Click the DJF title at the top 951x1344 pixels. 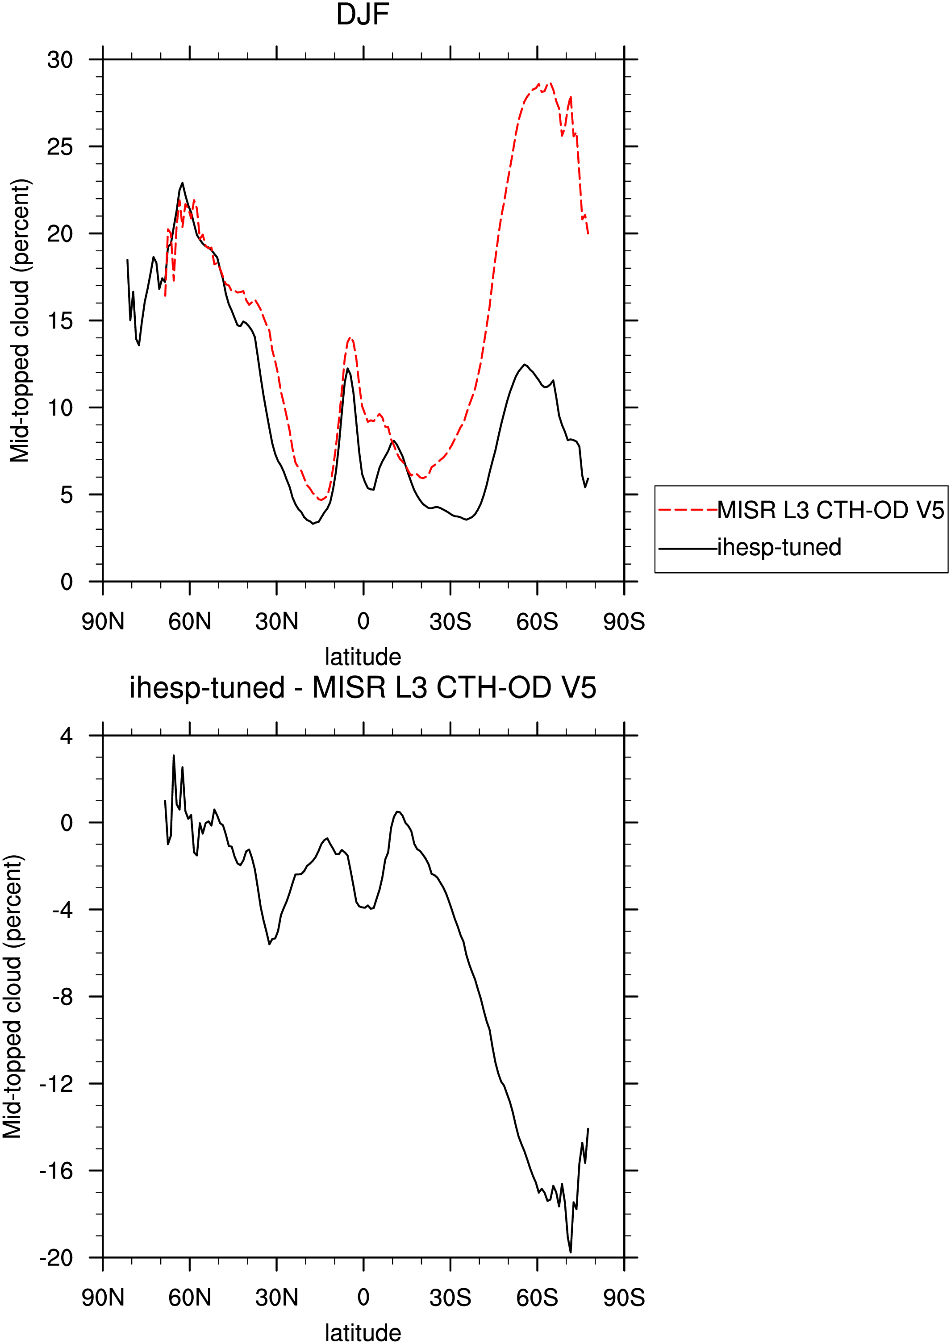pos(363,15)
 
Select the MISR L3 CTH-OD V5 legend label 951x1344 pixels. pos(830,511)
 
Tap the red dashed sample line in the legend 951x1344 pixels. pos(688,511)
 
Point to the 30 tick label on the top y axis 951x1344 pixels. pos(60,60)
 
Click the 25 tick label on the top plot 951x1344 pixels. pos(60,147)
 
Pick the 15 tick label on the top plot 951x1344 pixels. pos(60,321)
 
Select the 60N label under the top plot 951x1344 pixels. pos(190,622)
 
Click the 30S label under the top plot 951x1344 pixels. pos(450,622)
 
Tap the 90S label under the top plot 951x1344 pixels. pos(624,622)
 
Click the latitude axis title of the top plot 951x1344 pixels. pos(363,657)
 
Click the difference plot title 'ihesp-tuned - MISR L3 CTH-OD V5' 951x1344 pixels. pos(363,687)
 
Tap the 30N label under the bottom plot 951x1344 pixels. pos(276,1298)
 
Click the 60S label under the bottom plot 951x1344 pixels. pos(537,1298)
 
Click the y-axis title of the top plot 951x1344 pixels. pos(20,321)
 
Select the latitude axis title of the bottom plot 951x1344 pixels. pos(363,1333)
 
